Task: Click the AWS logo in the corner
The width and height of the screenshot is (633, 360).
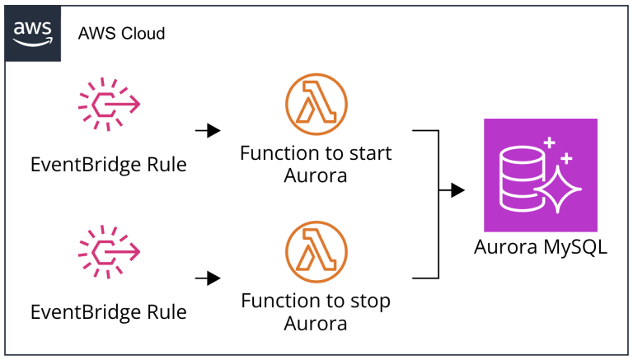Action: click(x=34, y=33)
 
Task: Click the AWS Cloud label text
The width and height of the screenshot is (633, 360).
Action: click(x=121, y=34)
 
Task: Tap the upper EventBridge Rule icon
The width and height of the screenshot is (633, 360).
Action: click(x=109, y=104)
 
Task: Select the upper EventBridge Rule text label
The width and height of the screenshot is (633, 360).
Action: click(x=109, y=165)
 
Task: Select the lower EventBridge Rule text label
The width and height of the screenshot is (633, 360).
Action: click(x=109, y=312)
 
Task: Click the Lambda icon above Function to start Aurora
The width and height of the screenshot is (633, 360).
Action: click(x=316, y=105)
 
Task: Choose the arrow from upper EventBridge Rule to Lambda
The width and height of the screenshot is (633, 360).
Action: click(x=208, y=130)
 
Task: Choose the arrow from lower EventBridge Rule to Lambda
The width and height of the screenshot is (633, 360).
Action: click(x=208, y=278)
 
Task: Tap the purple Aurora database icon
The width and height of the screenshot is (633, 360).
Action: click(x=540, y=175)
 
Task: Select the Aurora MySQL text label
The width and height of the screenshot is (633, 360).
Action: click(x=541, y=247)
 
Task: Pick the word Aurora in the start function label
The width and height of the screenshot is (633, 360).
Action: click(x=316, y=176)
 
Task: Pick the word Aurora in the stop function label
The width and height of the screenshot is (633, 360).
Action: click(x=316, y=324)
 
